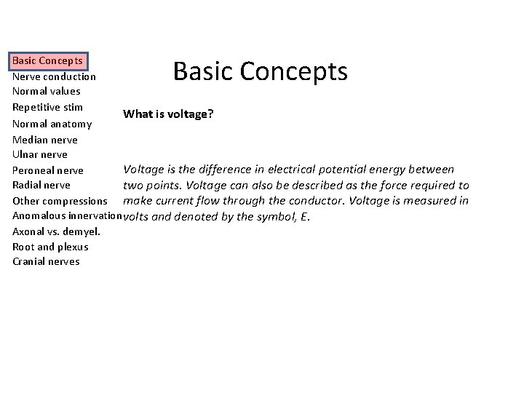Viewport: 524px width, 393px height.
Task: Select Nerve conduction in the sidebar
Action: [x=54, y=76]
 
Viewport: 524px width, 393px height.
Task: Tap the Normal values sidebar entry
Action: [x=47, y=91]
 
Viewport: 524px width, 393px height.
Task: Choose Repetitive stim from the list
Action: [x=47, y=107]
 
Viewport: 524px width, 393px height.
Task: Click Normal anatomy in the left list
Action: [x=52, y=124]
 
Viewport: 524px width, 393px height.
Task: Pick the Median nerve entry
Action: [x=45, y=139]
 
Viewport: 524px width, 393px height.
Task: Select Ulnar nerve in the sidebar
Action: [x=40, y=154]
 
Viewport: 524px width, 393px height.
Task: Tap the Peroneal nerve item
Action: [x=48, y=170]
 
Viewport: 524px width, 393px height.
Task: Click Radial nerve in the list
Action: [x=41, y=185]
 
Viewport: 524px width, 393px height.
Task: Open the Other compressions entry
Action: [x=60, y=201]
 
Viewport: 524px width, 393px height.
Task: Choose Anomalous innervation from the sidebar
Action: [x=66, y=216]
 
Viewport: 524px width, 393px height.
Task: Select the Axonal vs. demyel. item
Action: [x=56, y=231]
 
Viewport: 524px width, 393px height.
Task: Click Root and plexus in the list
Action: [x=50, y=247]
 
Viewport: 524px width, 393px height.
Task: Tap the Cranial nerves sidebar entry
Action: [x=46, y=262]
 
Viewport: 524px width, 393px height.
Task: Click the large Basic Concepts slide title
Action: [x=261, y=72]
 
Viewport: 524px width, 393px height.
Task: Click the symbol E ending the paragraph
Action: [x=305, y=216]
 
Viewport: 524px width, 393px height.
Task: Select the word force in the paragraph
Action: [x=395, y=185]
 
